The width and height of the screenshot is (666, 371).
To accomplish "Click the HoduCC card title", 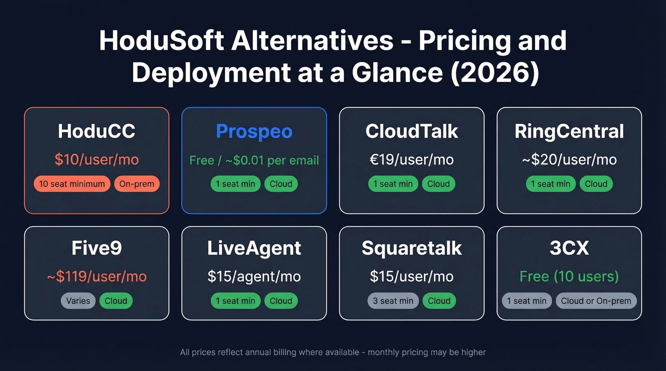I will click(x=97, y=132).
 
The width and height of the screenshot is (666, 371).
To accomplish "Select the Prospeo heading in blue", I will click(x=254, y=132).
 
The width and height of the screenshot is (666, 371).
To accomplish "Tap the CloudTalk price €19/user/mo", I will click(x=411, y=160).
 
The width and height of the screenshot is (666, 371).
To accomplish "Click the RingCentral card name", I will click(x=569, y=132).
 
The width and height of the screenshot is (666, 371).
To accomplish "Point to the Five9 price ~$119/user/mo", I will click(x=97, y=276).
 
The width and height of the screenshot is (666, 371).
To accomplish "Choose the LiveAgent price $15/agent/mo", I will click(x=254, y=276).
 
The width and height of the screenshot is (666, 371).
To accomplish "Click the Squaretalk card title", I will click(x=411, y=248).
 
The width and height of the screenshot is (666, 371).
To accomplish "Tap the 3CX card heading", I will click(x=569, y=248).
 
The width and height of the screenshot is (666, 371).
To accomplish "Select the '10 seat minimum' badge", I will click(x=72, y=184).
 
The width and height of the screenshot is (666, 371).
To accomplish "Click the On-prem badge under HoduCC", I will click(x=137, y=184).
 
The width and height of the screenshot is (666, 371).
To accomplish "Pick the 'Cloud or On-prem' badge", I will click(x=596, y=301).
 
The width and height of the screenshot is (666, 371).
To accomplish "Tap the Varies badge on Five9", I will click(x=78, y=301).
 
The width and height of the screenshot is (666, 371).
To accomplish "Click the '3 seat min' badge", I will click(x=393, y=301).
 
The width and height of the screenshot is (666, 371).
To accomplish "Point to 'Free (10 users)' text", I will click(x=569, y=276).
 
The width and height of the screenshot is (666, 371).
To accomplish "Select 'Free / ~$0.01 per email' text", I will click(x=254, y=160).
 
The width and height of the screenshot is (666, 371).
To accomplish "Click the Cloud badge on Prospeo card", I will click(x=281, y=184).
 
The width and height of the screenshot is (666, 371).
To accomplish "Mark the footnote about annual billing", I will click(x=333, y=352).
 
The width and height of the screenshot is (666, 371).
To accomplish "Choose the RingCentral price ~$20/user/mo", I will click(x=569, y=160).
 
